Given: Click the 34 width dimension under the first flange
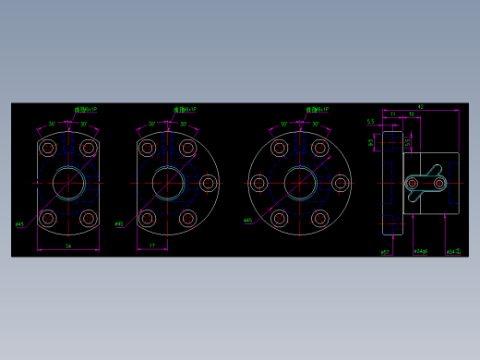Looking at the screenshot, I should coord(68,246).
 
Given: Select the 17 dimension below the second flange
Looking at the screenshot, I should coord(151,246).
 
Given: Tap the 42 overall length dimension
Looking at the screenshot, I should coord(420,107).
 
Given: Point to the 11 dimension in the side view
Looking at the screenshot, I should coord(392,114).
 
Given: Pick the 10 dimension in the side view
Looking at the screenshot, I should coord(411,114).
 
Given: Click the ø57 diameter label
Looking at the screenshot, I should coord(385,251).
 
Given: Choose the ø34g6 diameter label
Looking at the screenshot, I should coord(421,251).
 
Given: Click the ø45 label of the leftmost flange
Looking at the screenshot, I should coord(19,224).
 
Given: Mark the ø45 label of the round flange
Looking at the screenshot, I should coord(247,221).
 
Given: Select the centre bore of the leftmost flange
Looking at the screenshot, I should coord(68,182).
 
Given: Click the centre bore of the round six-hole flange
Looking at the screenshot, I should coord(299,183).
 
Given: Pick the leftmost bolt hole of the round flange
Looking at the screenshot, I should coord(258,183).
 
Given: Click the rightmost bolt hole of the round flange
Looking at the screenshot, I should coord(341,183).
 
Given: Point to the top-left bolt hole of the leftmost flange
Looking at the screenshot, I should coord(48,148).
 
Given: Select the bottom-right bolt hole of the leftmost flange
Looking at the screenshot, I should coord(89,219).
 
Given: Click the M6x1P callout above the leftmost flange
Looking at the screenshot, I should coord(85,109).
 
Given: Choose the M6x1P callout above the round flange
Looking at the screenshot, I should coord(313,109).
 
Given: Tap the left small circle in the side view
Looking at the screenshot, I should coord(412,184).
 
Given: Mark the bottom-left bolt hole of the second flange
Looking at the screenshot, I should coord(147,219).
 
